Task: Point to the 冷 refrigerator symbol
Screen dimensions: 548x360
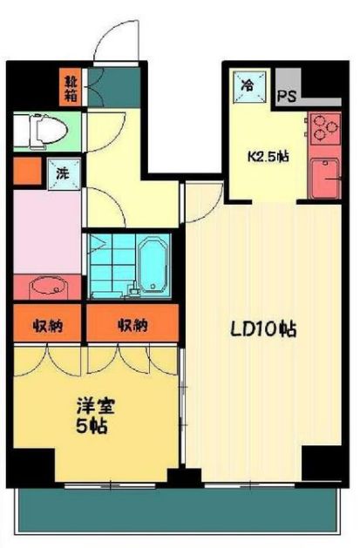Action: (248, 85)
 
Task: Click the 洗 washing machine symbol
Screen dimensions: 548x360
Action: (61, 173)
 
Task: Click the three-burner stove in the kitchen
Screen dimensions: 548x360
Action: (326, 128)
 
